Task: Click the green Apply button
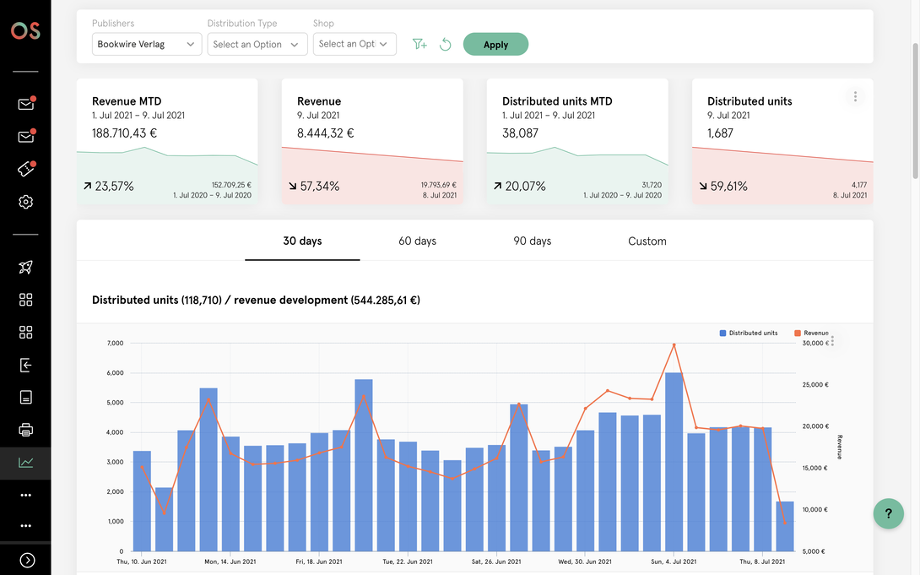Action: pos(495,44)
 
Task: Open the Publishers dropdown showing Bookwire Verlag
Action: pos(147,44)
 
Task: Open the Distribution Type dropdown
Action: pos(257,44)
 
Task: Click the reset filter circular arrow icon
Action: pos(446,44)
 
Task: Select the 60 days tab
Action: pos(417,241)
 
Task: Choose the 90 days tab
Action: pos(533,241)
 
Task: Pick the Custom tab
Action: pos(647,241)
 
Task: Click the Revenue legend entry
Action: pos(811,333)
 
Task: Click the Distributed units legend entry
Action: pos(748,333)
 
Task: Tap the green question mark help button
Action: pos(888,513)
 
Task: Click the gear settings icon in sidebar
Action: pos(26,202)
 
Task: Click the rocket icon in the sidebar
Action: pos(26,267)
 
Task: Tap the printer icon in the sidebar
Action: pos(26,430)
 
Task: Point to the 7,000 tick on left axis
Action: pos(115,344)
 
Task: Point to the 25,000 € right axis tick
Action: pos(815,385)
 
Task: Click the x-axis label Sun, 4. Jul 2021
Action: pos(674,561)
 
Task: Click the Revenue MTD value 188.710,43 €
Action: pos(124,133)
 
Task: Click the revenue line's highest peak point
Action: pos(674,345)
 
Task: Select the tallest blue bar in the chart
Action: pos(674,462)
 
